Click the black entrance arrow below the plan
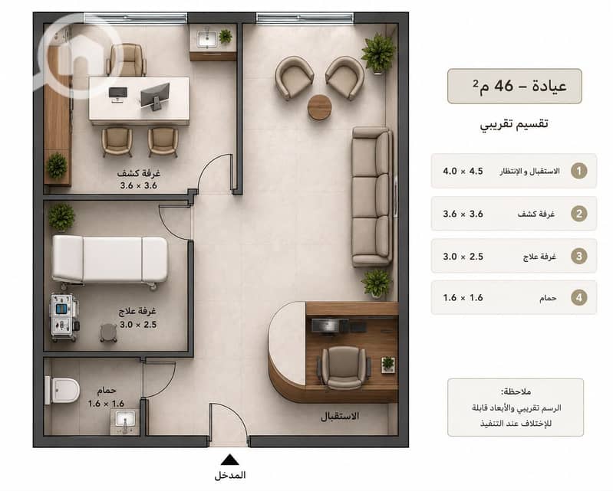click(x=229, y=460)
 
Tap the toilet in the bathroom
click(x=63, y=390)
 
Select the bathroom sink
click(x=125, y=421)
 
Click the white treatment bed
click(x=110, y=260)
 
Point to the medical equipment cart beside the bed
click(x=64, y=317)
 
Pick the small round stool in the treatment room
click(x=108, y=333)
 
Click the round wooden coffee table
click(x=319, y=107)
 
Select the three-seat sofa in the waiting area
click(x=372, y=197)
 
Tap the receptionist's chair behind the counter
click(x=344, y=367)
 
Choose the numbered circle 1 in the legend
click(x=579, y=171)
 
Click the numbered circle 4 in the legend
click(x=579, y=298)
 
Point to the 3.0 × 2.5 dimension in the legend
click(x=463, y=257)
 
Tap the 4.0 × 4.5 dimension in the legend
click(x=463, y=171)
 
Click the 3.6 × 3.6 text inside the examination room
click(x=139, y=185)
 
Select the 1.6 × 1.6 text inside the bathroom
click(x=106, y=404)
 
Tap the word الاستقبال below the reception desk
click(x=340, y=416)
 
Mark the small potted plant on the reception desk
click(x=387, y=364)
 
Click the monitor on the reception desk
click(x=330, y=326)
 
